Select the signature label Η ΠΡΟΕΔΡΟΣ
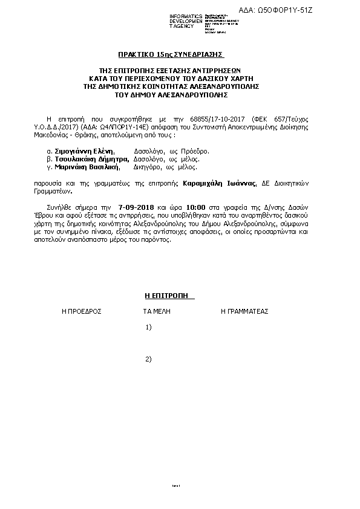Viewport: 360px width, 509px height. [82, 311]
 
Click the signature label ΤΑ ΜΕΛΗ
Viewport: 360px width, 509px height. [157, 311]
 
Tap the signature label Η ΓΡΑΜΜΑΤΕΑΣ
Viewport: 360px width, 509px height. [244, 311]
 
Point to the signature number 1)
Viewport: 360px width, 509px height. [149, 327]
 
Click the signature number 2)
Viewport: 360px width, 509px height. [149, 359]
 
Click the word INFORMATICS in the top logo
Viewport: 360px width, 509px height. [185, 16]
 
